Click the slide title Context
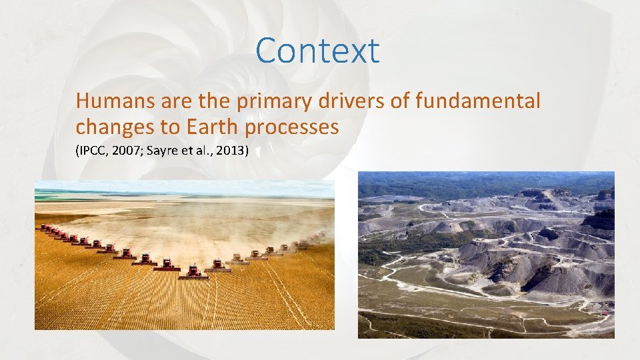tap(317, 51)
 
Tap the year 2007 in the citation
tap(127, 152)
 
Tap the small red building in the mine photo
tap(603, 312)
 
